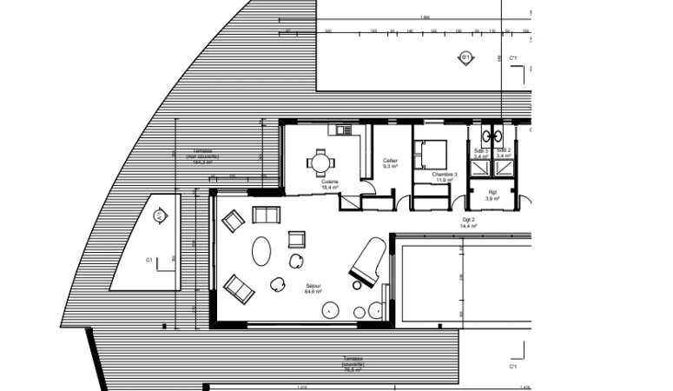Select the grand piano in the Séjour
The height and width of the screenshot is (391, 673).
click(365, 260)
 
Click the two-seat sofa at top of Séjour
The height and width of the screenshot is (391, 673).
click(262, 214)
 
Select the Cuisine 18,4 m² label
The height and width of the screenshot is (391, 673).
click(330, 184)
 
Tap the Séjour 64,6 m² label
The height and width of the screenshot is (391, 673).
click(313, 289)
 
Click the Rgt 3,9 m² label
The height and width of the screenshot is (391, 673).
click(493, 195)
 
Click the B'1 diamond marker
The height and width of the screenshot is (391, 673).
click(465, 58)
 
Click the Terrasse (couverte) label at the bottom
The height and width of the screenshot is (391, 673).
click(352, 363)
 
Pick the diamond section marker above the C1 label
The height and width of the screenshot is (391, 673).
click(161, 215)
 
